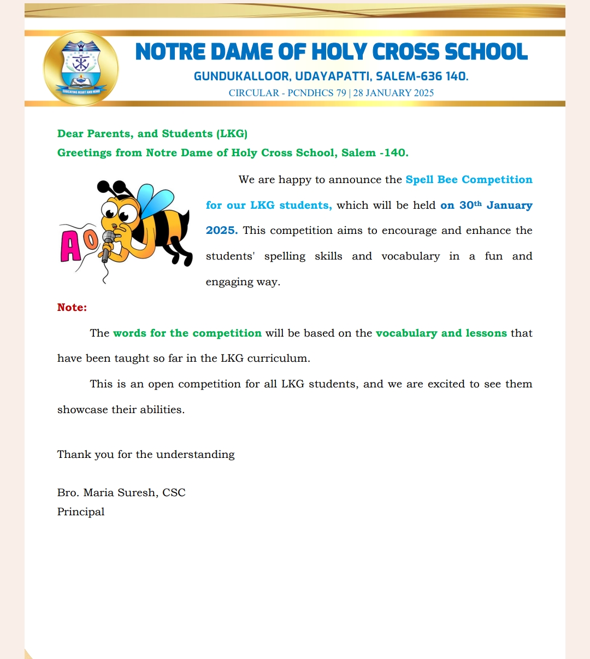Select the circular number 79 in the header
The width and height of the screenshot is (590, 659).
click(x=341, y=93)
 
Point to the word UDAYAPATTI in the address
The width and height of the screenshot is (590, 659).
click(x=332, y=77)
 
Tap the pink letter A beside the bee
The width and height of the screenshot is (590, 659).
click(x=71, y=246)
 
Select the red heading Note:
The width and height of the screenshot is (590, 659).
click(x=72, y=308)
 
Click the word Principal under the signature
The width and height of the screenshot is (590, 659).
click(x=81, y=512)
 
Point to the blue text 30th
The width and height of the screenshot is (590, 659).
click(x=470, y=205)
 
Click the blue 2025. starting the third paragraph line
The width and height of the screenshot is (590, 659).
click(x=222, y=231)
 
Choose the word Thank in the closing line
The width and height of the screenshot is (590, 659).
click(x=72, y=455)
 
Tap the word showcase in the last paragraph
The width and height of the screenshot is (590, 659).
click(x=81, y=410)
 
